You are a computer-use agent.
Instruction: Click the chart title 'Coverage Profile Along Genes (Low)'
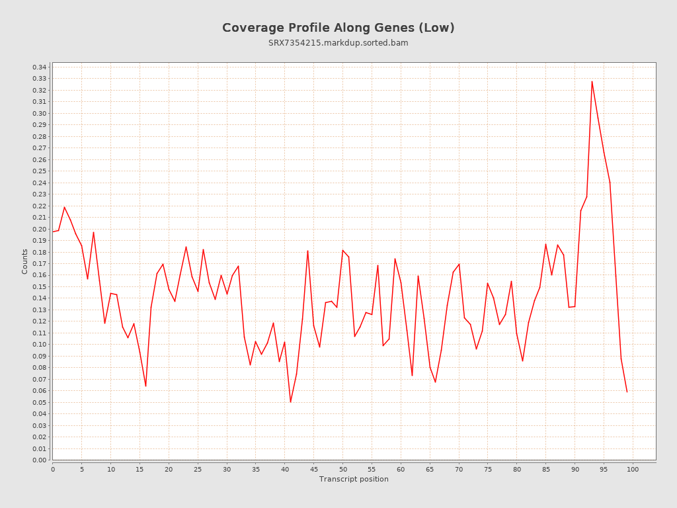pos(338,28)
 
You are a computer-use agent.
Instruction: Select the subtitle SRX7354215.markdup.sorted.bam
pos(338,43)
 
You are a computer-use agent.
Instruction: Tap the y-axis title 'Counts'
pos(25,261)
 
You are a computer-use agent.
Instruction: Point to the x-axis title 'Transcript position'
pos(354,479)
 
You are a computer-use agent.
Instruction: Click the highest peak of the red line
pos(592,81)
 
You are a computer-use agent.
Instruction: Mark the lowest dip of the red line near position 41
pos(290,402)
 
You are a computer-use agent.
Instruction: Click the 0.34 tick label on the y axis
pos(40,67)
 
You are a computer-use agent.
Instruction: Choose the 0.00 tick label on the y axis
pos(40,460)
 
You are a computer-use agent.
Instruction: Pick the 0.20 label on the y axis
pos(40,229)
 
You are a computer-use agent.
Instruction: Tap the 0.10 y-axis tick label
pos(40,344)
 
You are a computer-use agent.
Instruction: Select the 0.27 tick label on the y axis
pos(40,148)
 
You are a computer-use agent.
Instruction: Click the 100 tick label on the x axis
pos(633,469)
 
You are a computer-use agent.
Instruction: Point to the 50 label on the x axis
pos(342,469)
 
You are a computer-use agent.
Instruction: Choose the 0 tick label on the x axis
pos(53,469)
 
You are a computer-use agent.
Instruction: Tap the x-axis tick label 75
pos(488,469)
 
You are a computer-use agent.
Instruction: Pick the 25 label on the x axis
pos(198,469)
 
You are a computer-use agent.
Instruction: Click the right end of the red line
pos(627,392)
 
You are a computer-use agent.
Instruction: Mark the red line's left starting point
pos(53,232)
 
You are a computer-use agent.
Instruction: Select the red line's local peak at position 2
pos(64,207)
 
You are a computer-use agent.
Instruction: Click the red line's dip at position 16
pos(145,386)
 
